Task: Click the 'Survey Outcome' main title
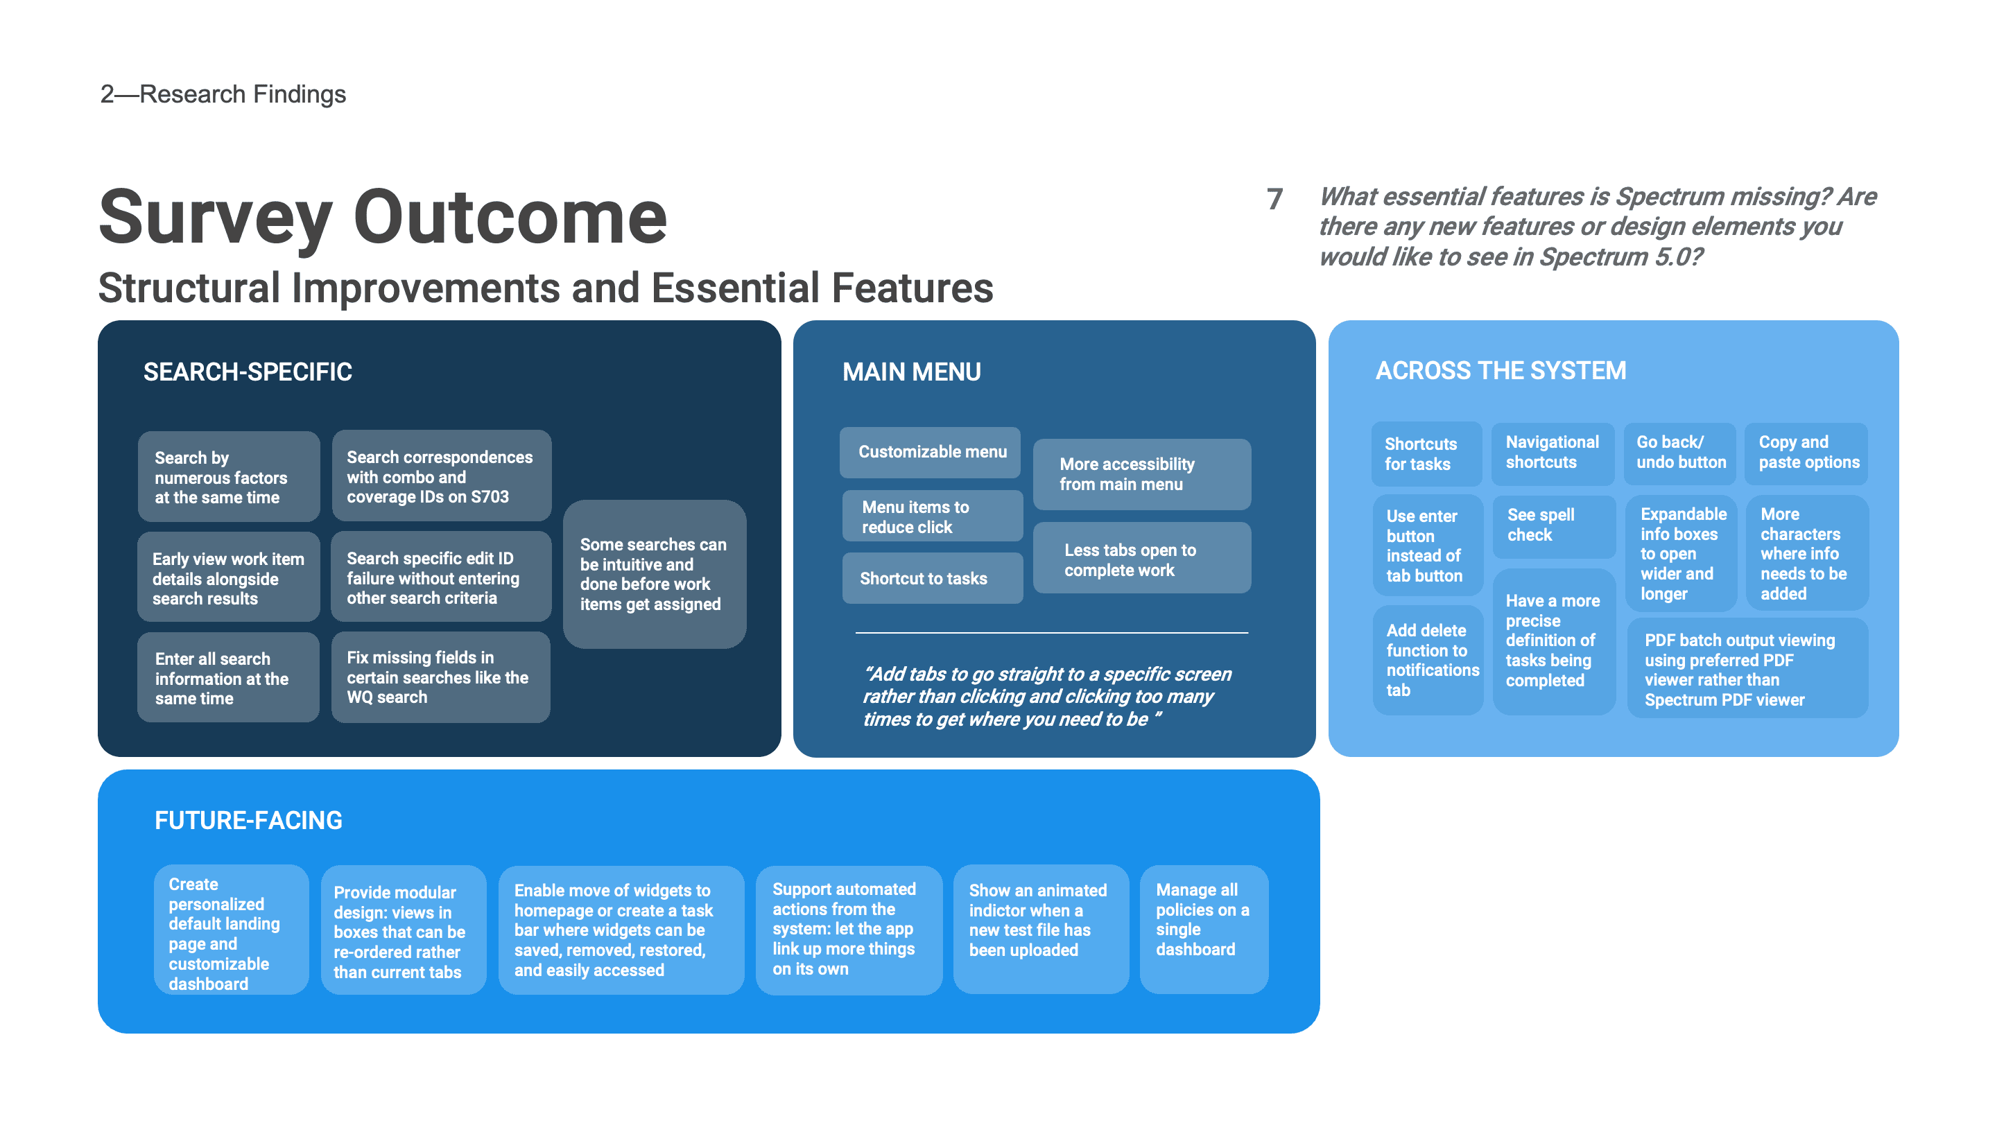pyautogui.click(x=383, y=218)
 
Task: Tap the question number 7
pyautogui.click(x=1274, y=199)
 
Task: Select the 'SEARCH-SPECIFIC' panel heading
pyautogui.click(x=248, y=372)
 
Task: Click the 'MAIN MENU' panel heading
pyautogui.click(x=912, y=372)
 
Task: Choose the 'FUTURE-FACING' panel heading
pyautogui.click(x=248, y=820)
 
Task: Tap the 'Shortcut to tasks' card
pyautogui.click(x=933, y=578)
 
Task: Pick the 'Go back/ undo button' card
pyautogui.click(x=1680, y=453)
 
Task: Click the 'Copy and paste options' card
pyautogui.click(x=1806, y=453)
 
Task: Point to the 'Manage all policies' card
pyautogui.click(x=1204, y=928)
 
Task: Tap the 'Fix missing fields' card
pyautogui.click(x=441, y=677)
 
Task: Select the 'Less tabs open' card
pyautogui.click(x=1142, y=558)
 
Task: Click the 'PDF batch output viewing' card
pyautogui.click(x=1747, y=669)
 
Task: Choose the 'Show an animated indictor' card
pyautogui.click(x=1041, y=928)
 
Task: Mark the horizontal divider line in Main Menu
pyautogui.click(x=1052, y=633)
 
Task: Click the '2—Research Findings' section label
pyautogui.click(x=223, y=94)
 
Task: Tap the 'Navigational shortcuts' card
pyautogui.click(x=1553, y=453)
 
